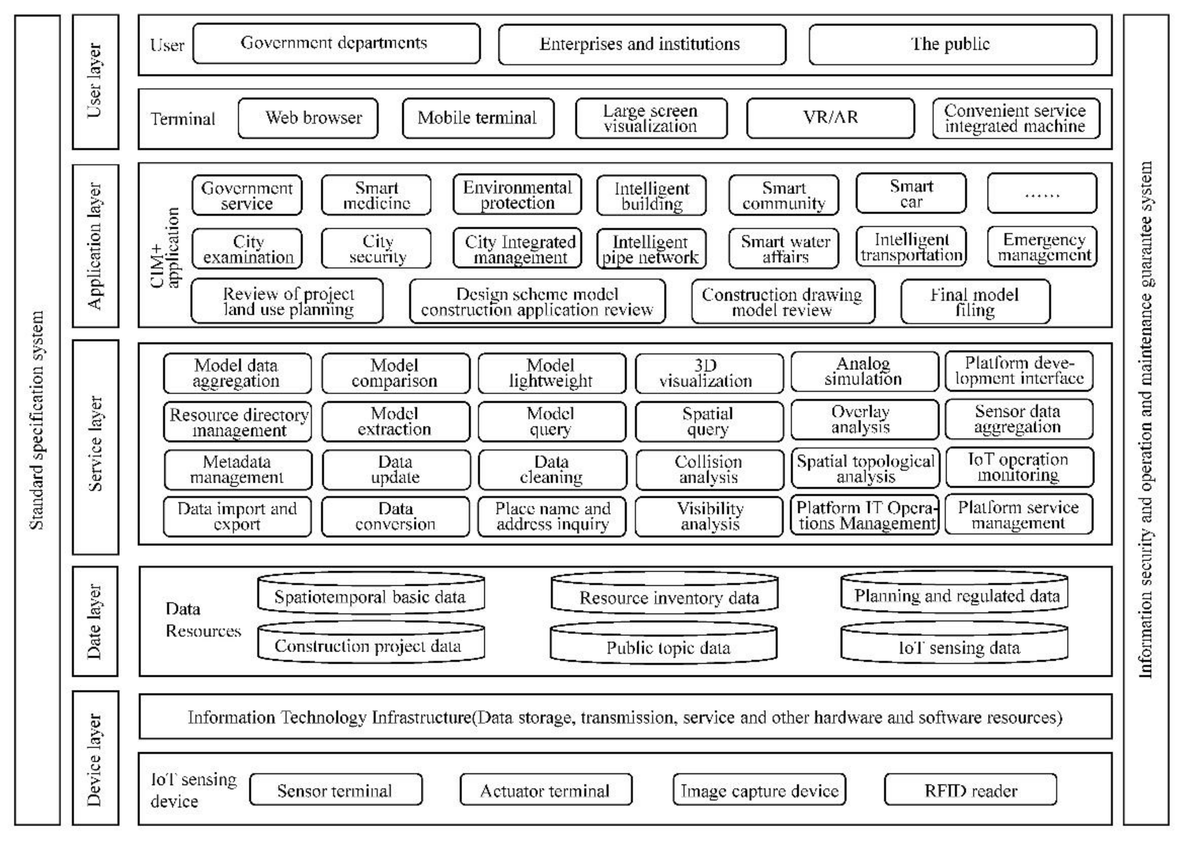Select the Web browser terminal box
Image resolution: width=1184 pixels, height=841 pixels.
[x=308, y=118]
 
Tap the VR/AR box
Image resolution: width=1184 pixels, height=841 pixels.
[x=830, y=118]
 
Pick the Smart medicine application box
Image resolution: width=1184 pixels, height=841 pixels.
[x=376, y=195]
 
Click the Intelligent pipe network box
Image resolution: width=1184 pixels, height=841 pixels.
[x=651, y=249]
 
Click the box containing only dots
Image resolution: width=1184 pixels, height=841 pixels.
[x=1041, y=194]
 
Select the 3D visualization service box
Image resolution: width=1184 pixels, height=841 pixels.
[x=709, y=373]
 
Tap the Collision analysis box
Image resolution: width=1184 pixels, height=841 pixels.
[x=709, y=469]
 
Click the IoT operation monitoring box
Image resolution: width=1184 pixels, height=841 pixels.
[x=1019, y=467]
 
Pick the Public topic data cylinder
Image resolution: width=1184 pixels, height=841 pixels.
[x=664, y=643]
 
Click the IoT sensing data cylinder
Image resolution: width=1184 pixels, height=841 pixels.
[x=954, y=643]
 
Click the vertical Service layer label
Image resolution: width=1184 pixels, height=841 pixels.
[x=96, y=446]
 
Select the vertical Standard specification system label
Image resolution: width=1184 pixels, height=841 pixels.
[x=37, y=419]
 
